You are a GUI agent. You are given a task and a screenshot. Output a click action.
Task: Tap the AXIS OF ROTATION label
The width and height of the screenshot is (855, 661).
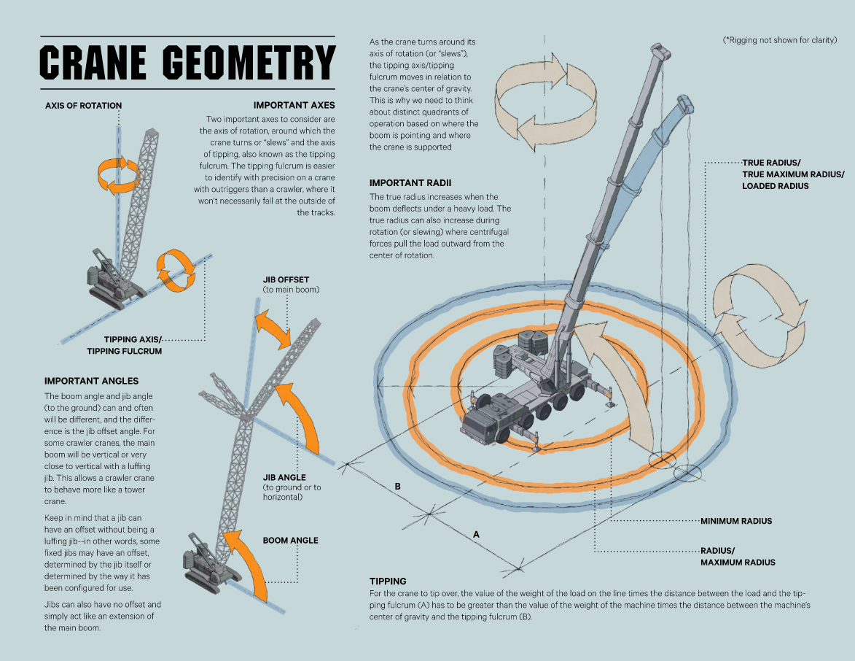(83, 105)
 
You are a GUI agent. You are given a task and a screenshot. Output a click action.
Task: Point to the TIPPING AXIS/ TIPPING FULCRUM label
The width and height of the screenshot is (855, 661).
(124, 345)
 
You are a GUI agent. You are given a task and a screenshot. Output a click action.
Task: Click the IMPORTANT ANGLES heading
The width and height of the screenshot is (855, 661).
(91, 381)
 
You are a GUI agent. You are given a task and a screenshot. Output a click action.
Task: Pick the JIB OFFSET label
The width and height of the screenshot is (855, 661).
(286, 279)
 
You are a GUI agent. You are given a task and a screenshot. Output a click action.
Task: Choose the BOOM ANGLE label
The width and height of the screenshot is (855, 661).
(290, 541)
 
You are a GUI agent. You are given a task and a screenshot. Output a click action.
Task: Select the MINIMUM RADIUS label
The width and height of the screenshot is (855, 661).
(735, 521)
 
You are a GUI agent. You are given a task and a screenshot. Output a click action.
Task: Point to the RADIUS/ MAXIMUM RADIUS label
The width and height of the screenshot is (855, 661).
(737, 556)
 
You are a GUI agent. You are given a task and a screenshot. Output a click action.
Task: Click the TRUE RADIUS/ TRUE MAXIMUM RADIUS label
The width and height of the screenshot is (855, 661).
(792, 174)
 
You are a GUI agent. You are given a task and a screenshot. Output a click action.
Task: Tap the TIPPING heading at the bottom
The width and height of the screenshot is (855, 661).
(388, 581)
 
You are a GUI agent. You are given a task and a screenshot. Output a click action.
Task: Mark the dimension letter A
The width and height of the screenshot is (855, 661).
(476, 534)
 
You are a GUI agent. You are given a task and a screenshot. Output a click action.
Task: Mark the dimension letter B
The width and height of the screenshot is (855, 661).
(397, 486)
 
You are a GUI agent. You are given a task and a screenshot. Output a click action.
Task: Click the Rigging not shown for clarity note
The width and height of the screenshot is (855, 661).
(778, 40)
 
